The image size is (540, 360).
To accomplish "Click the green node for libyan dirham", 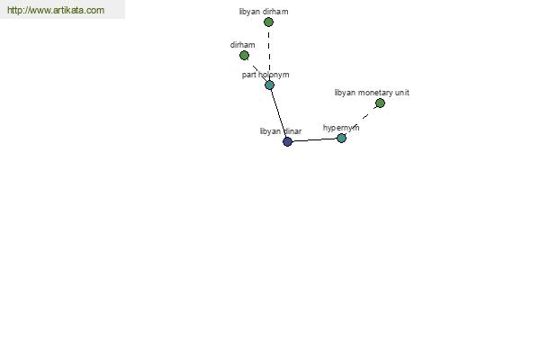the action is pyautogui.click(x=268, y=22).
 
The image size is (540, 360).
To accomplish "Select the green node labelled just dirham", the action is pyautogui.click(x=244, y=56).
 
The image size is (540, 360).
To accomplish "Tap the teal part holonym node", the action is pyautogui.click(x=270, y=85).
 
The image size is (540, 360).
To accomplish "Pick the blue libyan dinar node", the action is pyautogui.click(x=287, y=141).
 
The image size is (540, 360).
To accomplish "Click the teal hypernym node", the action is pyautogui.click(x=341, y=138).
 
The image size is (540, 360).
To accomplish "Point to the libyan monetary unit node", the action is pyautogui.click(x=380, y=103).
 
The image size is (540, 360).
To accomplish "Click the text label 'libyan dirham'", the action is pyautogui.click(x=264, y=12).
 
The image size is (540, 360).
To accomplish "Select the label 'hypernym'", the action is pyautogui.click(x=341, y=128).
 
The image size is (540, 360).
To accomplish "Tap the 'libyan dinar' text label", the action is pyautogui.click(x=281, y=131).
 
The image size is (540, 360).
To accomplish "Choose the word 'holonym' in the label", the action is pyautogui.click(x=274, y=75).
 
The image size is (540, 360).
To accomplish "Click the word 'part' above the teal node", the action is pyautogui.click(x=248, y=75).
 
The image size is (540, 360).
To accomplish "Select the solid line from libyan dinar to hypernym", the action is pyautogui.click(x=314, y=139).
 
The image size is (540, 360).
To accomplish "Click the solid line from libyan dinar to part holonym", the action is pyautogui.click(x=279, y=113).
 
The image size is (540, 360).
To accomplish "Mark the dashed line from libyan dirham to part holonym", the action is pyautogui.click(x=269, y=54).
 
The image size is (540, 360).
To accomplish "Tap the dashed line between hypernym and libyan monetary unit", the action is pyautogui.click(x=361, y=121).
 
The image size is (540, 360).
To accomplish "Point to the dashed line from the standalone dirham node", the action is pyautogui.click(x=257, y=70).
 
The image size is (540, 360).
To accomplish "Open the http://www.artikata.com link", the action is pyautogui.click(x=56, y=10).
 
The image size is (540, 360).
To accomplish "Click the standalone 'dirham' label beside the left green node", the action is pyautogui.click(x=242, y=45).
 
